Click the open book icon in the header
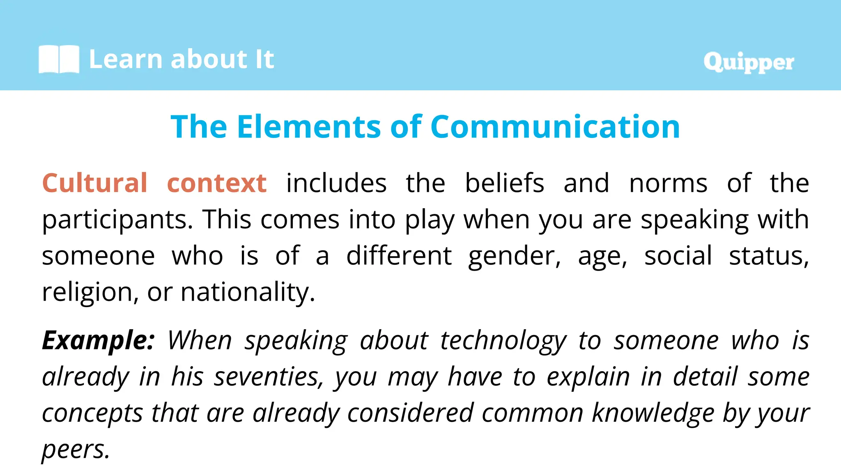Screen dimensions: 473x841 pyautogui.click(x=59, y=59)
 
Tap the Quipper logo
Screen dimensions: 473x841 pyautogui.click(x=749, y=62)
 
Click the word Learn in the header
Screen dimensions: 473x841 pyautogui.click(x=126, y=59)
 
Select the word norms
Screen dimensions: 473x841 pyautogui.click(x=668, y=184)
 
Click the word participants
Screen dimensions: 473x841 pyautogui.click(x=117, y=220)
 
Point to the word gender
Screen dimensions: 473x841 pyautogui.click(x=514, y=257)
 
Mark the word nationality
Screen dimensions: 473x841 pyautogui.click(x=248, y=292)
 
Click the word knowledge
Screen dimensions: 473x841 pyautogui.click(x=653, y=413)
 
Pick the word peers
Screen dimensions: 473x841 pyautogui.click(x=76, y=450)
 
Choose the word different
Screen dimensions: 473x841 pyautogui.click(x=399, y=256)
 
